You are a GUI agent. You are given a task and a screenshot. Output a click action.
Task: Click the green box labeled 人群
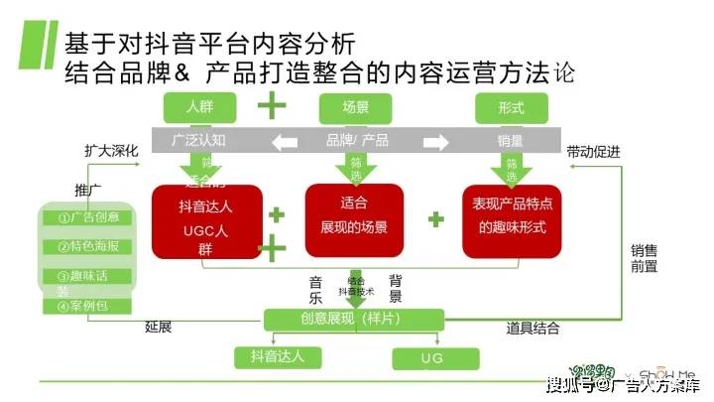pos(200,105)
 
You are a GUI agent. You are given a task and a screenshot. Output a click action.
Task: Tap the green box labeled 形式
pos(513,106)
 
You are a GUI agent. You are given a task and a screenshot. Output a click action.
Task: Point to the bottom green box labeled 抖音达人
pos(277,356)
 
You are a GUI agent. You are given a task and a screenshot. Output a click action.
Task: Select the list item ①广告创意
pos(88,217)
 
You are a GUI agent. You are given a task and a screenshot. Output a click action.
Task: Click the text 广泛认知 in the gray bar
pos(199,140)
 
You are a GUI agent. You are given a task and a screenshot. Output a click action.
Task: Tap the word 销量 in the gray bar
pos(511,140)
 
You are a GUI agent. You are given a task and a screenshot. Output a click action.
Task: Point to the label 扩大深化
pos(110,152)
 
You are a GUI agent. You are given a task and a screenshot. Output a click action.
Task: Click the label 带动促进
pos(593,152)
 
